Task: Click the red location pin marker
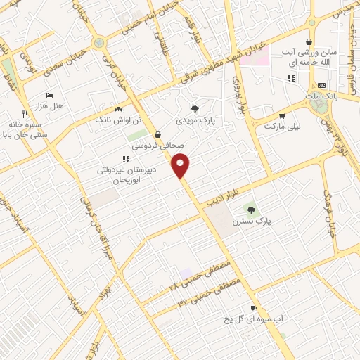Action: click(182, 165)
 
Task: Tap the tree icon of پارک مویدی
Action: click(195, 108)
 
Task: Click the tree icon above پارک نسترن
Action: click(247, 210)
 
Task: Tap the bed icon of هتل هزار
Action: click(49, 95)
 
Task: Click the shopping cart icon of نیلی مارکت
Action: click(282, 116)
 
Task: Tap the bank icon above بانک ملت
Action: click(321, 84)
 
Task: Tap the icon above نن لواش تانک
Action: click(118, 109)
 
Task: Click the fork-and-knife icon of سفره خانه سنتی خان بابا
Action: click(25, 112)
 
